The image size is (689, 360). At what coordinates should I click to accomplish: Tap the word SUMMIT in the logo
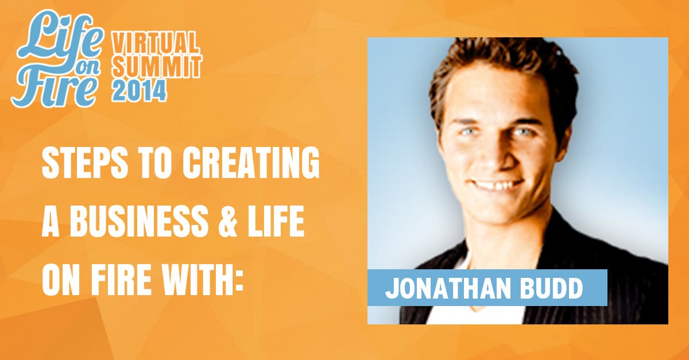tap(157, 66)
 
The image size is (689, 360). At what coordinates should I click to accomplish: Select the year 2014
tap(139, 91)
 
